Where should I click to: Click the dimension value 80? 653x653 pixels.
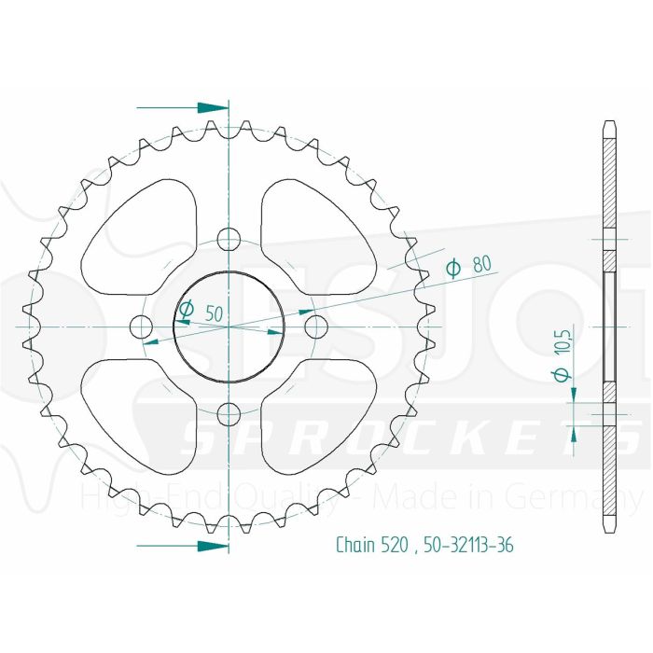[482, 264]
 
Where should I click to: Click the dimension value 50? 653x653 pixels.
[214, 313]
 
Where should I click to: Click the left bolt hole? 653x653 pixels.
[141, 326]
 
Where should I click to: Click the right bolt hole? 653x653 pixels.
[316, 326]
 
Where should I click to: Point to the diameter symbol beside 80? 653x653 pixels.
[454, 269]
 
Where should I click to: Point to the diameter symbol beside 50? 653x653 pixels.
[186, 309]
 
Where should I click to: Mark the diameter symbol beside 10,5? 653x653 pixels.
[561, 375]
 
